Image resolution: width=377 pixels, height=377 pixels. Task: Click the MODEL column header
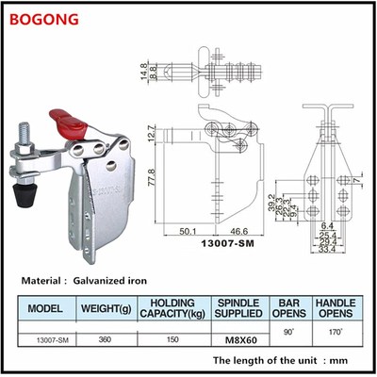46,307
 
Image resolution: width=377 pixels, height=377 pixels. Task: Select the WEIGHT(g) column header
107,307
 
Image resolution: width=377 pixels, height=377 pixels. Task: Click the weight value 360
106,339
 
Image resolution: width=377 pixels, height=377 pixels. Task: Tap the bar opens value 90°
289,332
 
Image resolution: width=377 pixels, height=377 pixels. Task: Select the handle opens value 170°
336,331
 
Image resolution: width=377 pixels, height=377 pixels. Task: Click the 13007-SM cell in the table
46,339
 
